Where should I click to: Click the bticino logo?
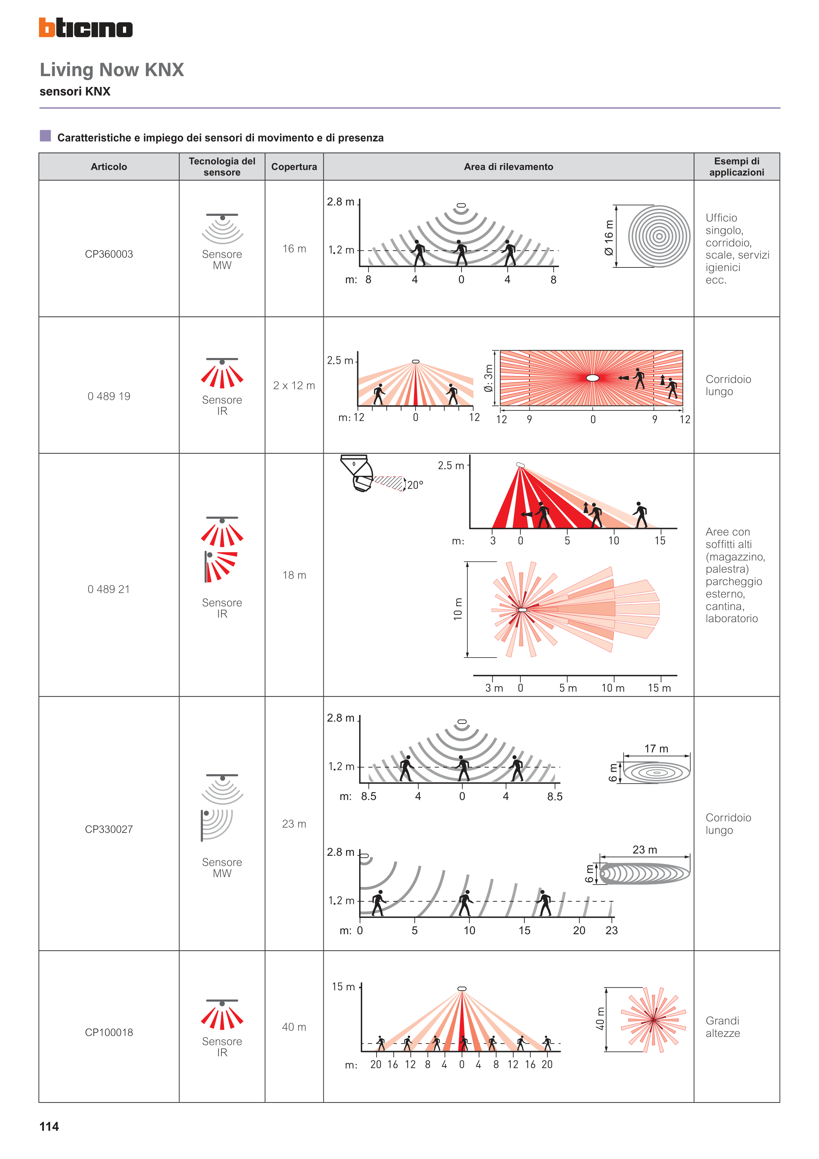coord(86,28)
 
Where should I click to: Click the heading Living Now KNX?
coord(112,70)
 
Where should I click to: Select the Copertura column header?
coord(294,167)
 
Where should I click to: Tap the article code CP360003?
coord(109,254)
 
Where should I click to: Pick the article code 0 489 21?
coord(109,589)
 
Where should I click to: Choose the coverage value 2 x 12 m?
coord(294,386)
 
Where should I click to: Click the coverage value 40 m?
coord(294,1027)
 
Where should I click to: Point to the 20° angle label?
coord(415,485)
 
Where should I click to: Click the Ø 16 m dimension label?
coord(609,237)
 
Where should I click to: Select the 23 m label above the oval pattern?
coord(645,850)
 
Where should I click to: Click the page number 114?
coord(49,1126)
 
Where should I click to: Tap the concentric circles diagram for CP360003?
coord(659,236)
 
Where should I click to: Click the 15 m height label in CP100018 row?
coord(343,986)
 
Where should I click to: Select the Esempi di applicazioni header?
coord(737,167)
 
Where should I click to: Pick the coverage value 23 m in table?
coord(294,824)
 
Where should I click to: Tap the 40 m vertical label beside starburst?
coord(600,1019)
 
